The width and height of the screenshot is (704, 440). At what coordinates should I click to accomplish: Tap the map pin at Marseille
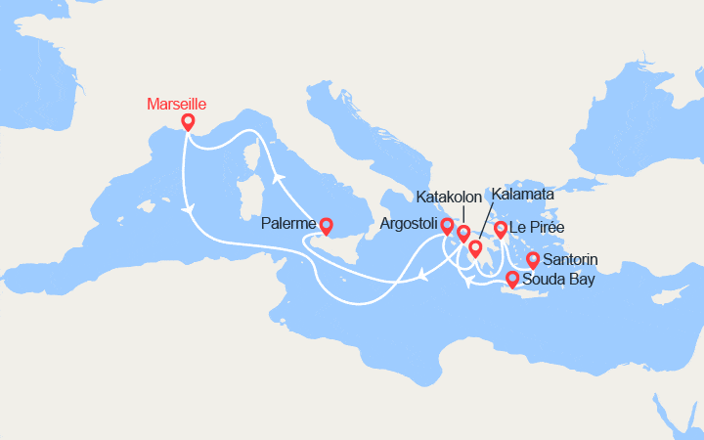[188, 123]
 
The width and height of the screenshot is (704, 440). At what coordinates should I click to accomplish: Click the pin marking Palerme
[326, 225]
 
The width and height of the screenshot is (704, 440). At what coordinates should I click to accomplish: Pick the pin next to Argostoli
[448, 227]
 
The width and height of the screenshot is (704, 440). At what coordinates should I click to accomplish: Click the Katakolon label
[449, 197]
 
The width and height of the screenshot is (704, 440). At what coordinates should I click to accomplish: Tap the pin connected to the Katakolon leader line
[463, 234]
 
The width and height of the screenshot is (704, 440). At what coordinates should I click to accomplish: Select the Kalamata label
[523, 195]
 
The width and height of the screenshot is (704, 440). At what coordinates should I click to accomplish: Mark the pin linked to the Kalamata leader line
[475, 248]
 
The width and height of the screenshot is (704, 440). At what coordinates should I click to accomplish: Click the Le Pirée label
[537, 228]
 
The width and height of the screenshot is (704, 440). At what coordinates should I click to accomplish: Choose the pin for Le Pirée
[501, 229]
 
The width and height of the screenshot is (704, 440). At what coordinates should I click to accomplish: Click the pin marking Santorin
[533, 260]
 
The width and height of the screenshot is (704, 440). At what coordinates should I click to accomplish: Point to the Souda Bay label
[555, 280]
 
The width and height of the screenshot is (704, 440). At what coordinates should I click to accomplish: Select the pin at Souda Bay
[512, 280]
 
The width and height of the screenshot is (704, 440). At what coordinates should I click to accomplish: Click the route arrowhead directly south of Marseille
[187, 206]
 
